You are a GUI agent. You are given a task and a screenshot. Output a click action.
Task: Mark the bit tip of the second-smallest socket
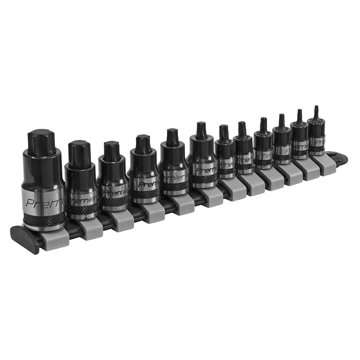(299, 115)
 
